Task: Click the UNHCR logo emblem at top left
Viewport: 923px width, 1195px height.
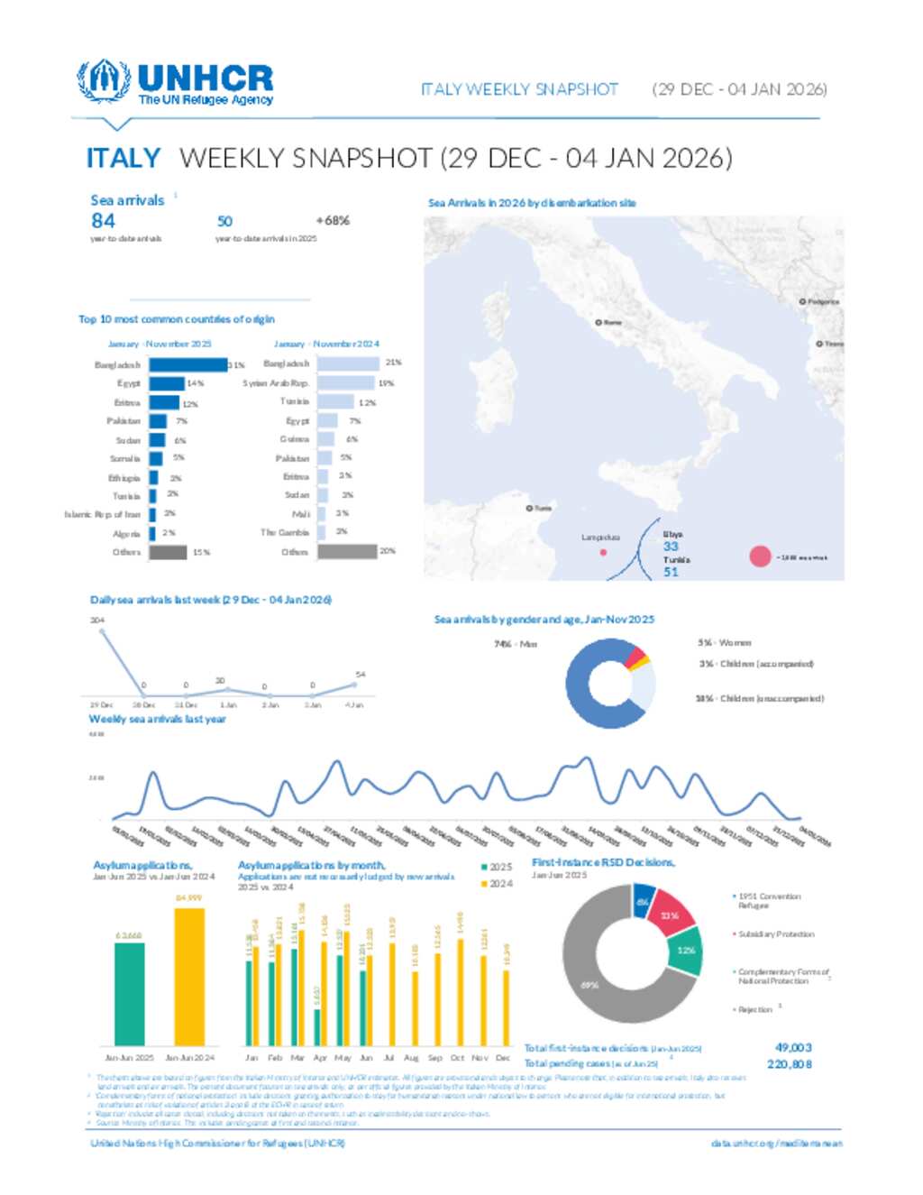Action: click(102, 81)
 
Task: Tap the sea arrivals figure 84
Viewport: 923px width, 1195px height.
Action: click(103, 220)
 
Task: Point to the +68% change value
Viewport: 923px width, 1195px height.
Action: click(333, 220)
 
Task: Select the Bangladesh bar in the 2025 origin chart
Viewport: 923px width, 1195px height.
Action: click(188, 364)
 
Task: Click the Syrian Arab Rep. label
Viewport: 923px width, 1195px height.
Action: click(276, 383)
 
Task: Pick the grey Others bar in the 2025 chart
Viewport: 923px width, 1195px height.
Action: click(168, 552)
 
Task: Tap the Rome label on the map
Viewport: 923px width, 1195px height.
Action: click(612, 322)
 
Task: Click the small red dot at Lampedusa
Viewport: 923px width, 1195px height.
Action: click(603, 552)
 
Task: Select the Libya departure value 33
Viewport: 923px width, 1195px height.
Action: click(671, 547)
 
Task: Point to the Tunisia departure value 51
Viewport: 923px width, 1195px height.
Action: click(671, 572)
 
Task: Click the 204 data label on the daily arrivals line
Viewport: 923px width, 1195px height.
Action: click(97, 620)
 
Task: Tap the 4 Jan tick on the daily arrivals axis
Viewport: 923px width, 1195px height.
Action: click(355, 704)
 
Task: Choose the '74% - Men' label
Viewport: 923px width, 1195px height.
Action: click(516, 644)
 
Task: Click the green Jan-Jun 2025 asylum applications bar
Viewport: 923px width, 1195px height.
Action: click(130, 993)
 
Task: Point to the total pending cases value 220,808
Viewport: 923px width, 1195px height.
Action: click(790, 1064)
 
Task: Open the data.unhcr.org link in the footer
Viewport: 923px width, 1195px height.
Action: click(776, 1144)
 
